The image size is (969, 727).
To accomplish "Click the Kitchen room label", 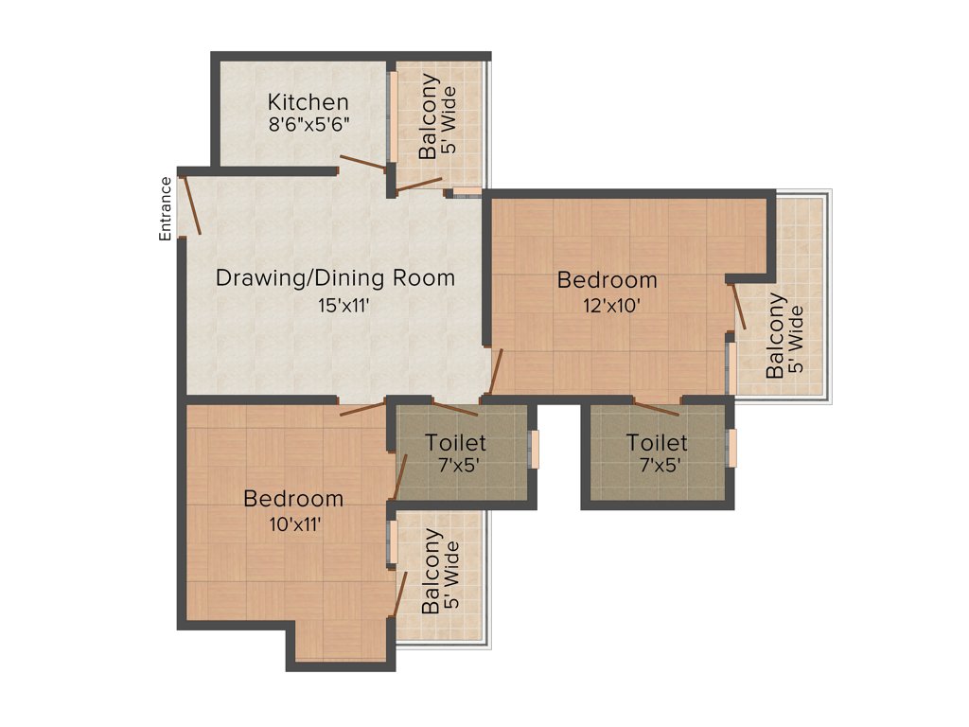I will pos(308,101).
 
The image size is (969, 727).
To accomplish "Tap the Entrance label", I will pos(166,208).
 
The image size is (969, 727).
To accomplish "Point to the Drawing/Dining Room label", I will pos(335,278).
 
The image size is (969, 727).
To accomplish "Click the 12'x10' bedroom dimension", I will pos(607,305).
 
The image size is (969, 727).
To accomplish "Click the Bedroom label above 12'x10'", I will pos(607,280).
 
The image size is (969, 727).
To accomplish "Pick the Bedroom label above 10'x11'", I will pos(293,499).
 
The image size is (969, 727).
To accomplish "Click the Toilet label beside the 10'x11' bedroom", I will pos(455,442).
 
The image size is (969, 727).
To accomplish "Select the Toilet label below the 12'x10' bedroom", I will pos(657,442).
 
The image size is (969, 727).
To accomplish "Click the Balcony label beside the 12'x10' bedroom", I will pos(776,336).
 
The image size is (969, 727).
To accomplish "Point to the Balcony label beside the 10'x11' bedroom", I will pos(432,571).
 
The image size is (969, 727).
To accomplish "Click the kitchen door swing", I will pos(363,163).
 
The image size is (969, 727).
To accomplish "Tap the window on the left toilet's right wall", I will pos(534,449).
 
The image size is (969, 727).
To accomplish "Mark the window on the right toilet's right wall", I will pos(731,448).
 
